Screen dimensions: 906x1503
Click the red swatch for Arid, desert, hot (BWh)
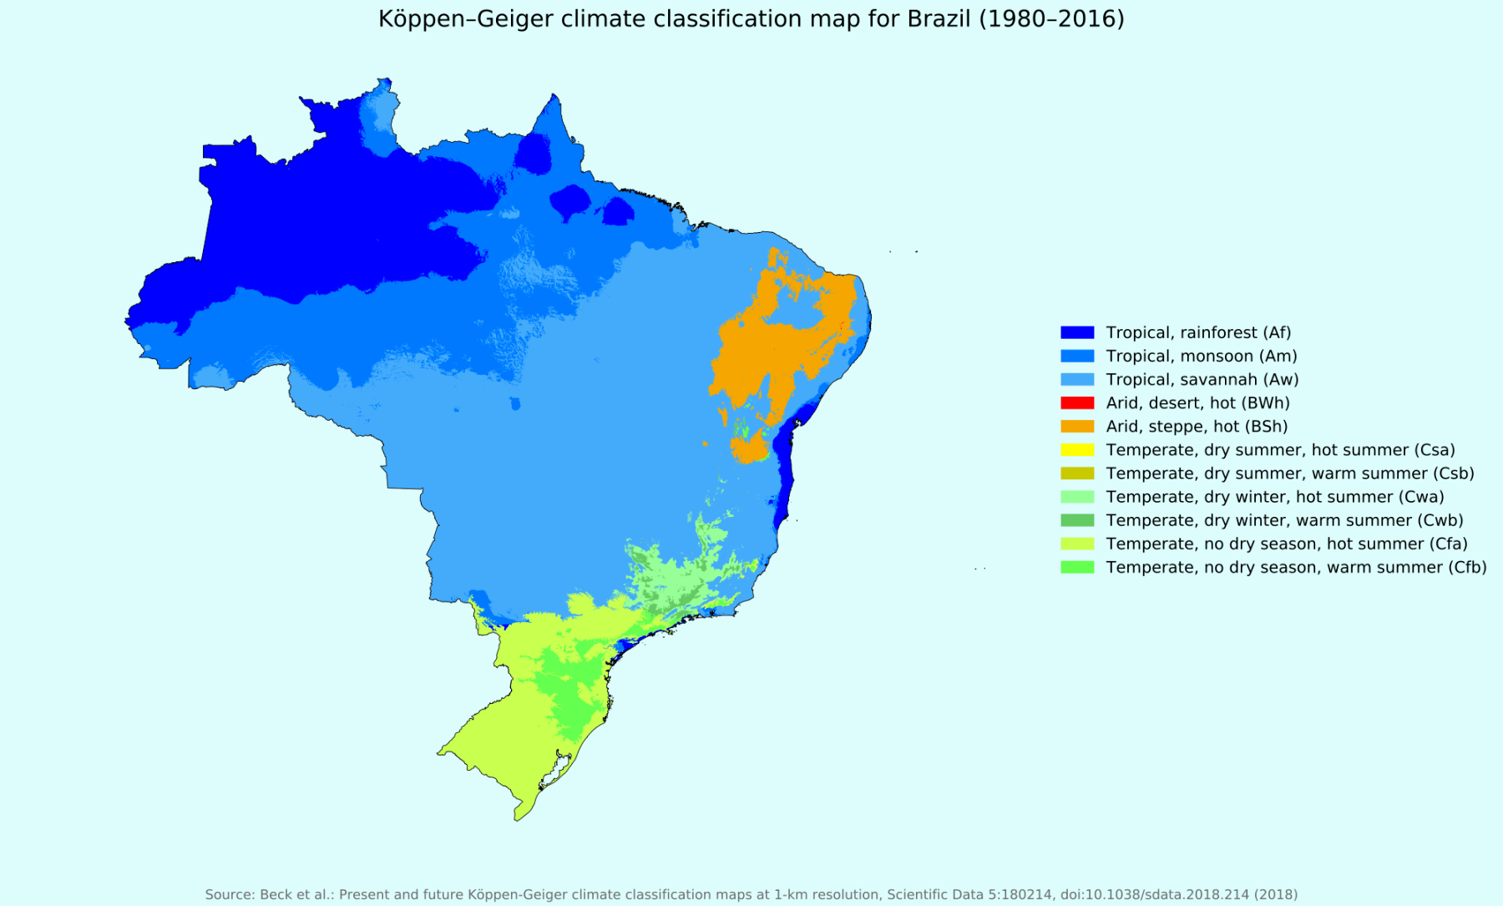(x=1076, y=402)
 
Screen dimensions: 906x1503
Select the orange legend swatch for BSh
(x=1076, y=426)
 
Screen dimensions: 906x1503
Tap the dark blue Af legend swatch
(x=1076, y=332)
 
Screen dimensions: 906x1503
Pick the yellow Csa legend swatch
(x=1076, y=449)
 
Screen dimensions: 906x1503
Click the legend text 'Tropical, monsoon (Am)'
(x=1201, y=356)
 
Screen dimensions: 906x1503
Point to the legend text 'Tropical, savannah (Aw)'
(x=1202, y=379)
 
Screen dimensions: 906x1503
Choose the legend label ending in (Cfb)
(x=1296, y=567)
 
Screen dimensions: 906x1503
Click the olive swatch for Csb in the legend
(x=1076, y=473)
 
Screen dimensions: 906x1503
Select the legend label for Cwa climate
(x=1274, y=497)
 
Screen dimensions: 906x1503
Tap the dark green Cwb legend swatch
(x=1076, y=520)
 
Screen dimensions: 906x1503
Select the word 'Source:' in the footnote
(x=230, y=894)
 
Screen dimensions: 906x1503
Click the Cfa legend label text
(x=1286, y=544)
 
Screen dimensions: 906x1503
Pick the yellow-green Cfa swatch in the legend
(x=1076, y=544)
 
